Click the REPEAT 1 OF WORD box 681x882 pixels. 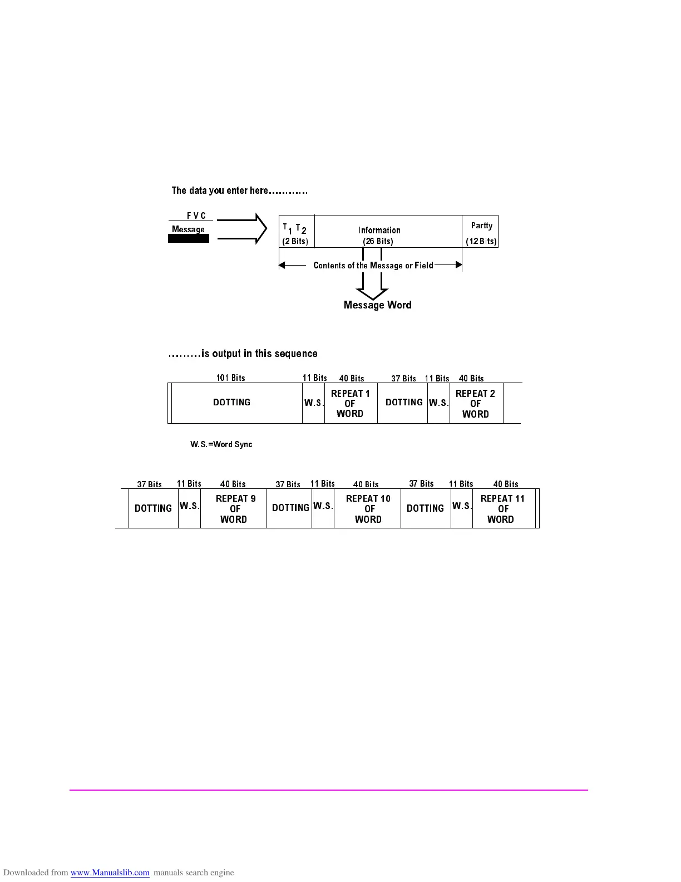[x=351, y=403]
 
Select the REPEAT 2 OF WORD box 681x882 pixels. [x=476, y=403]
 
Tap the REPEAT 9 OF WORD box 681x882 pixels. [x=234, y=508]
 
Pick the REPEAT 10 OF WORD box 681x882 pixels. [x=368, y=508]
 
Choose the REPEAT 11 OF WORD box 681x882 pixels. [x=502, y=508]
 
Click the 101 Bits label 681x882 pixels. [x=230, y=378]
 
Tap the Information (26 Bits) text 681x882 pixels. [x=378, y=236]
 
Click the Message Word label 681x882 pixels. [x=377, y=305]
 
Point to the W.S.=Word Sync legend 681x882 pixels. [x=221, y=444]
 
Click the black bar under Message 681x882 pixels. [x=189, y=238]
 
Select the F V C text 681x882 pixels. [x=196, y=216]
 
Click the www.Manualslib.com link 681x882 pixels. [x=110, y=873]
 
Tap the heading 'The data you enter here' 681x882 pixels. [x=239, y=190]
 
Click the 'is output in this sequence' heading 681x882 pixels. [x=243, y=354]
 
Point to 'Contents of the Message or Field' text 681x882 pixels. [x=373, y=266]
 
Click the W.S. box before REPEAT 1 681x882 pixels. [x=313, y=403]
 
